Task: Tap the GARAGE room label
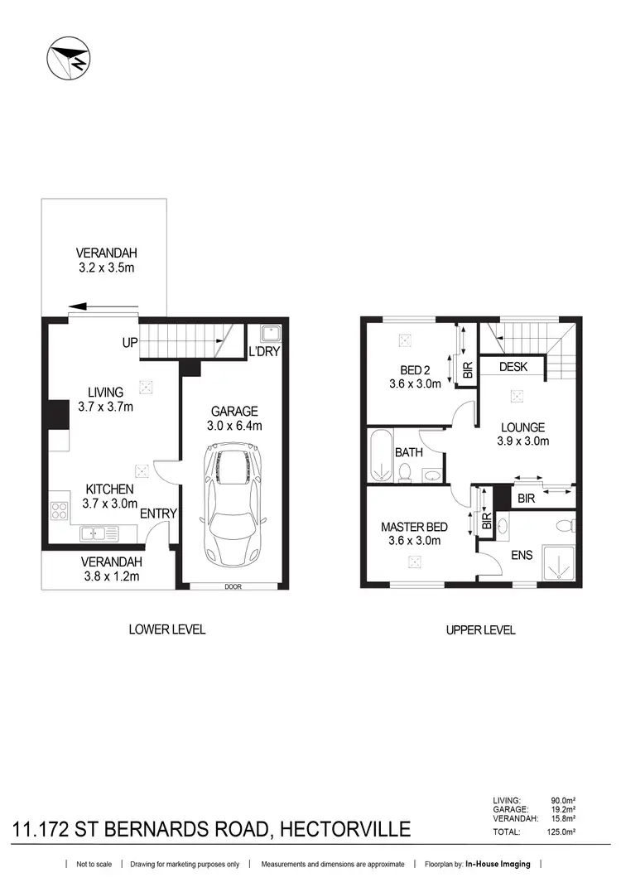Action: click(x=234, y=411)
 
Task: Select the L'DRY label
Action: click(x=262, y=353)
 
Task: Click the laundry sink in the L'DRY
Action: click(x=269, y=333)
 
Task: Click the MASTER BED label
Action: click(x=415, y=527)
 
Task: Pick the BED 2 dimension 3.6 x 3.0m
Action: click(x=415, y=383)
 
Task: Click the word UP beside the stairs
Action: click(x=129, y=342)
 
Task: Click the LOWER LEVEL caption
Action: click(x=167, y=629)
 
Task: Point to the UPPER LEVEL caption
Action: click(x=480, y=630)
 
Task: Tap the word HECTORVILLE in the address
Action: click(x=345, y=829)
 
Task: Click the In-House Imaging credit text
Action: click(x=497, y=865)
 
